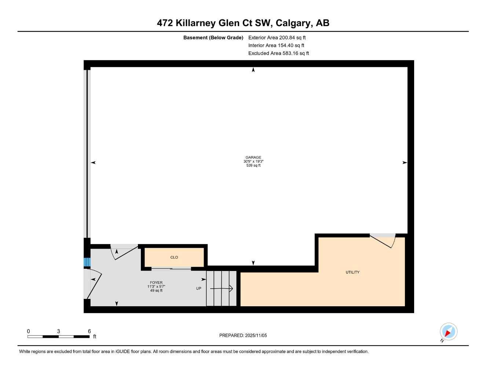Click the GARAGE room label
pos(253,158)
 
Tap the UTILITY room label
pos(352,272)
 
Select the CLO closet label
pos(174,257)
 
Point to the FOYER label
pos(156,283)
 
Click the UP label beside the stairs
pos(199,289)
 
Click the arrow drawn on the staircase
pos(222,289)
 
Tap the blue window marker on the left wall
pos(87,262)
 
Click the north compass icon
pos(448,332)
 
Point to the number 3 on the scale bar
pos(58,331)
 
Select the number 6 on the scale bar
pos(89,331)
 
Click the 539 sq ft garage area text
pos(253,166)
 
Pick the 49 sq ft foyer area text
pos(156,291)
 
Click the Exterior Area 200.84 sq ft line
pos(277,37)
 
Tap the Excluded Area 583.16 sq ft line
pos(279,53)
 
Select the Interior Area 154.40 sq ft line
pos(276,46)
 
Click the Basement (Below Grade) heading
pos(213,37)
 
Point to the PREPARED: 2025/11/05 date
pos(243,336)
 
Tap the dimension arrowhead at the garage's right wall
pos(405,163)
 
